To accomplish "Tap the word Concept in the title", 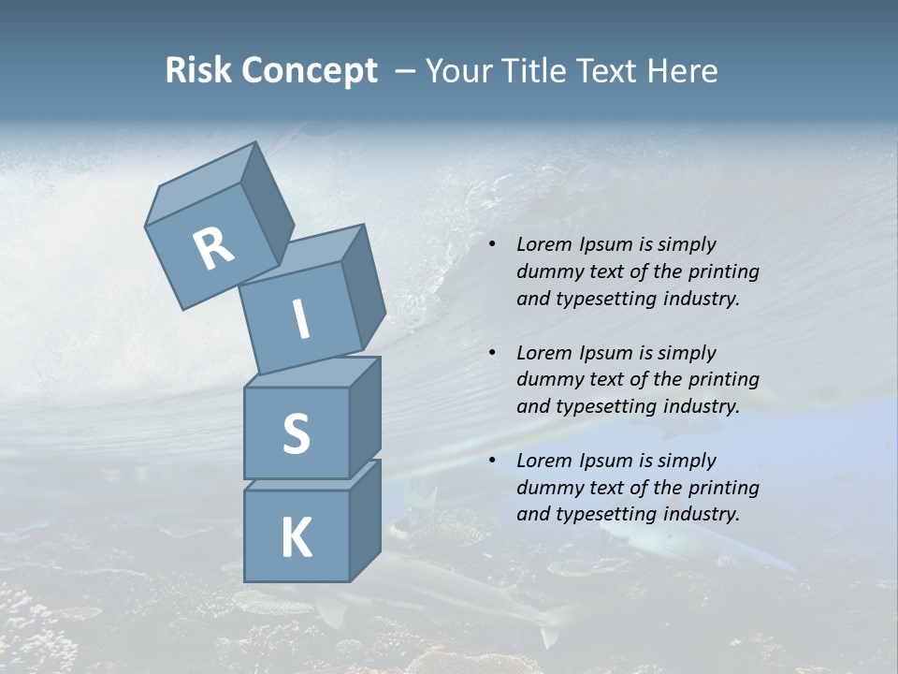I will pyautogui.click(x=309, y=71).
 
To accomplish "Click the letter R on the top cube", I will pyautogui.click(x=213, y=248).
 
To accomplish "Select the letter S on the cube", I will pyautogui.click(x=296, y=433).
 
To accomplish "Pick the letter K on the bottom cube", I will pyautogui.click(x=296, y=537).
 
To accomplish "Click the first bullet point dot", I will pyautogui.click(x=492, y=245).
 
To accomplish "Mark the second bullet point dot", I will pyautogui.click(x=492, y=353).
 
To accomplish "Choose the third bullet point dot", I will pyautogui.click(x=492, y=461).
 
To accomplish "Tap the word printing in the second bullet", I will pyautogui.click(x=723, y=380).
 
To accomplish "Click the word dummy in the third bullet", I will pyautogui.click(x=548, y=488).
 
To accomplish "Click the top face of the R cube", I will pyautogui.click(x=200, y=183).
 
